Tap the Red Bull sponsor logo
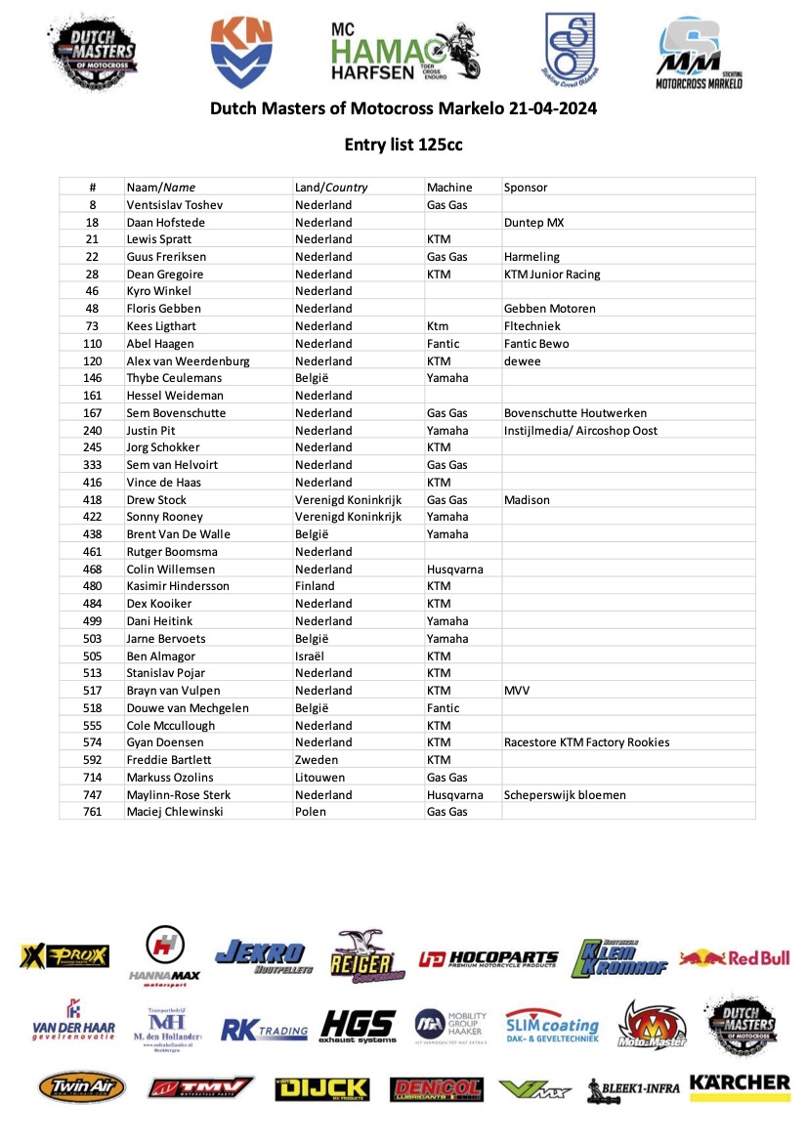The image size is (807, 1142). [735, 957]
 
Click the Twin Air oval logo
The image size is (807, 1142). [82, 1087]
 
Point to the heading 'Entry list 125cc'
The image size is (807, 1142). [403, 145]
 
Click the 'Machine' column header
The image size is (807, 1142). [449, 188]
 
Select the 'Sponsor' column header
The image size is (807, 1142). [526, 188]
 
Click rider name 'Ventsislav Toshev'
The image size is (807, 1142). [175, 205]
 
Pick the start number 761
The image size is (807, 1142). [93, 812]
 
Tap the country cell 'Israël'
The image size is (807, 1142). [315, 656]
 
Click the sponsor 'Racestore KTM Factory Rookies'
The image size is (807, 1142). [586, 742]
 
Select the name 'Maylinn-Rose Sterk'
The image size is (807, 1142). [180, 794]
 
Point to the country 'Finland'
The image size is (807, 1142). [315, 586]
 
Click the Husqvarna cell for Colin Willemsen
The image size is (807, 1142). [454, 569]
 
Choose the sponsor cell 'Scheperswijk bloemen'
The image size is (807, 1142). [564, 794]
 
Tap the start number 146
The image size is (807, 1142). [93, 378]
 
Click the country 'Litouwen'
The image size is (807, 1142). [321, 778]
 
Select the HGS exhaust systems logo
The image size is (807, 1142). [358, 1027]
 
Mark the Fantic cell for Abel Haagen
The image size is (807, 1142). [445, 344]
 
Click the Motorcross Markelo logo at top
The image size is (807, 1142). [698, 54]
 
